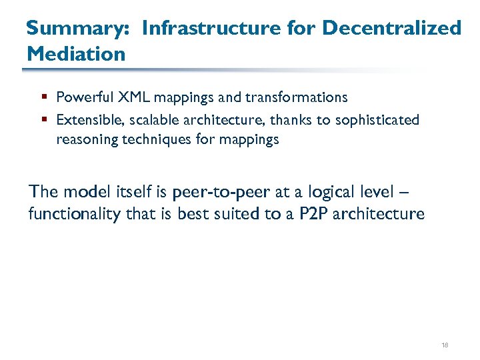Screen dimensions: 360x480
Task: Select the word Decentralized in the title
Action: (x=392, y=28)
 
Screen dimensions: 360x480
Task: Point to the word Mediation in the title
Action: (x=75, y=53)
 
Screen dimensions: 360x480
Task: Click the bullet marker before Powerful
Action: (x=43, y=97)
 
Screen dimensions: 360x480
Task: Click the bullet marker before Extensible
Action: (x=43, y=120)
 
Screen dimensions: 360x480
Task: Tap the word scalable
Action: (x=145, y=120)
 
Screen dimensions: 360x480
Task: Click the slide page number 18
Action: (x=445, y=345)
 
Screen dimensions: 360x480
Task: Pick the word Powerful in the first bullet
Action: (x=85, y=97)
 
